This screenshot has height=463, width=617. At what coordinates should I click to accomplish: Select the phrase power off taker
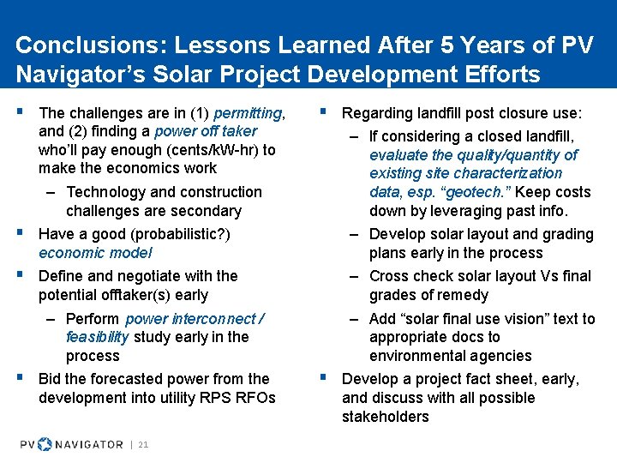tap(207, 131)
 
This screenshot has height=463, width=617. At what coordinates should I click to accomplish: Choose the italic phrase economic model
tap(95, 253)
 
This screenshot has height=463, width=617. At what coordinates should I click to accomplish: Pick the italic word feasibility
tap(98, 337)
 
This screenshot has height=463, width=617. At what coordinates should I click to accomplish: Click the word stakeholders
tap(385, 417)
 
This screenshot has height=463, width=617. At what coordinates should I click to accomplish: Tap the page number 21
tap(143, 444)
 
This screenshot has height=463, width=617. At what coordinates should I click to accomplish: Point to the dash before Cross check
tap(354, 276)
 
